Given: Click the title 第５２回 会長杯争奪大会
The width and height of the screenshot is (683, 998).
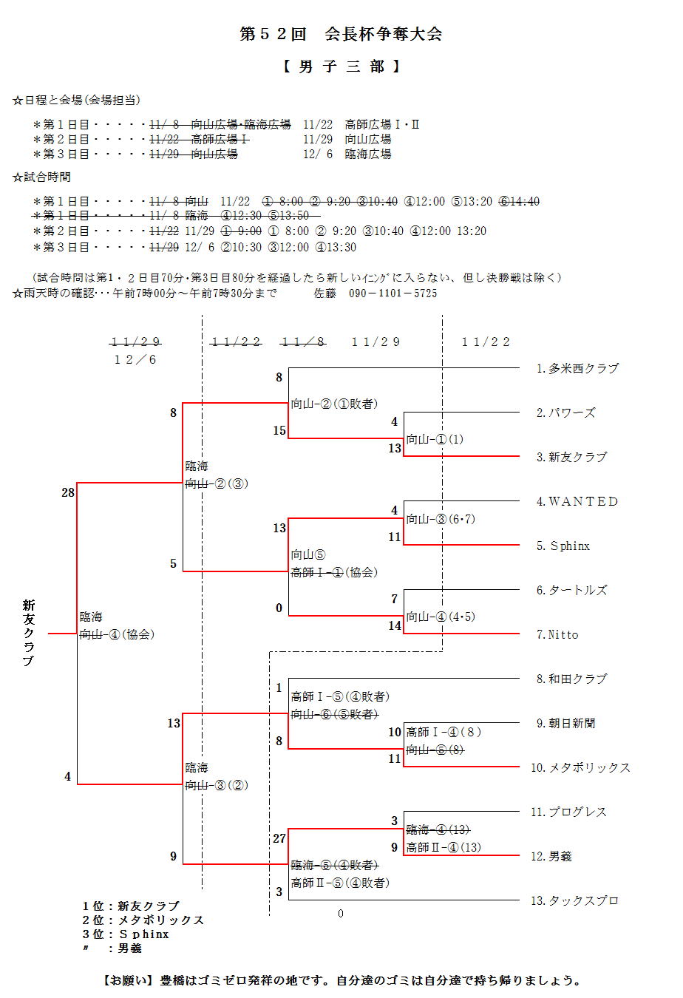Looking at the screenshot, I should (341, 34).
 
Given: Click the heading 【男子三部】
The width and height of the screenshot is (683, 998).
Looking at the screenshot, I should (341, 67).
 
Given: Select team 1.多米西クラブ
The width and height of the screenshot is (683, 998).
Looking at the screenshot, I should (577, 368).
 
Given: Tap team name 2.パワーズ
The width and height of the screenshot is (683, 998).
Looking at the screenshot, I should (565, 413).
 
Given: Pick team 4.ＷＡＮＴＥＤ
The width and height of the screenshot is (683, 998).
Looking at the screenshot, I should (577, 501).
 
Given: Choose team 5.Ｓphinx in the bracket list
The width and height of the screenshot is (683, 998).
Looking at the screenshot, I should (563, 546).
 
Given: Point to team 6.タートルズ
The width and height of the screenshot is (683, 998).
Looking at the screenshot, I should (571, 590).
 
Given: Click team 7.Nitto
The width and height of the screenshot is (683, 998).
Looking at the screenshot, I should (557, 634).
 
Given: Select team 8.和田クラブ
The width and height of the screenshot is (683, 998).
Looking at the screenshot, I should (571, 679).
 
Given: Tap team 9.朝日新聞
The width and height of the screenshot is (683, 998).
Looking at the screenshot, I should (565, 723).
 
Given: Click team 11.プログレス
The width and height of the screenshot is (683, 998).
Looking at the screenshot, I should (568, 812).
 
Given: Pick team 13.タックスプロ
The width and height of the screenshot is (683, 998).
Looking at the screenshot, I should (574, 900).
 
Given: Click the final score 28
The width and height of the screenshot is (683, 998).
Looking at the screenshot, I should (68, 492).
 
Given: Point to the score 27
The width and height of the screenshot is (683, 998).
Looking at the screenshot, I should (279, 838).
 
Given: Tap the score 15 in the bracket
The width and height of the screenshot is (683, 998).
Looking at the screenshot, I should (279, 430).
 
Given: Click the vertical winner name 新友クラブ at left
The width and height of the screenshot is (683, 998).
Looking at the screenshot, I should (29, 633).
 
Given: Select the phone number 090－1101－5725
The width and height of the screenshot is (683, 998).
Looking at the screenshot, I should (393, 293).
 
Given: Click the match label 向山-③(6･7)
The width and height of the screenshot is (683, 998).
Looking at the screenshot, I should (441, 519).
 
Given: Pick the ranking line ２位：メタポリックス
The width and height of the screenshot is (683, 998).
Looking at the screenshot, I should (143, 920).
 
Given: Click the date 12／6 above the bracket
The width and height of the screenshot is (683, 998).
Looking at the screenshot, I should (135, 360).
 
